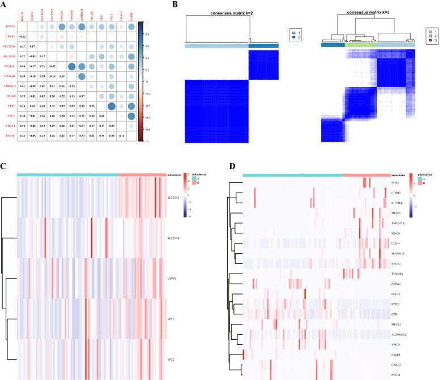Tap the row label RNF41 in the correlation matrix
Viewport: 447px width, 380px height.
click(10, 26)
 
